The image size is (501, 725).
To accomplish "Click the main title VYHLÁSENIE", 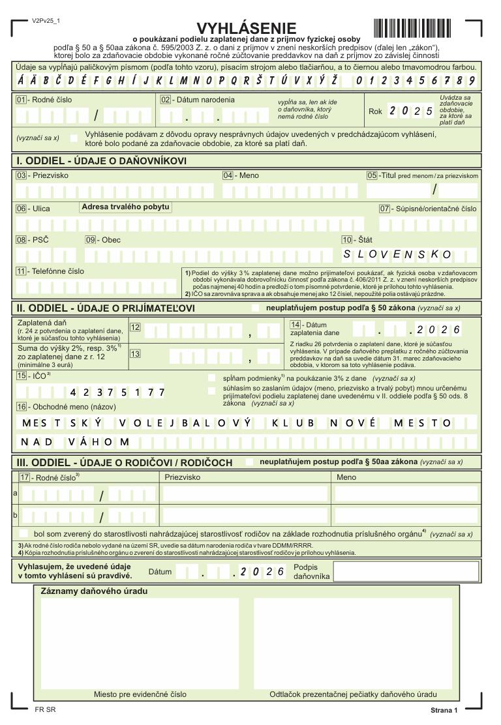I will (x=247, y=28).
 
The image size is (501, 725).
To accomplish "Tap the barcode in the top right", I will (x=412, y=29).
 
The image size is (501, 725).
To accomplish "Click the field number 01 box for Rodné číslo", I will (x=21, y=100).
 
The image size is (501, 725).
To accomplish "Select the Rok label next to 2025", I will (x=375, y=111).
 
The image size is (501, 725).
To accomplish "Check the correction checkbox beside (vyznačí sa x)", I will (x=73, y=138).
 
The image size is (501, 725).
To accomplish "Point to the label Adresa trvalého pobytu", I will (x=125, y=207).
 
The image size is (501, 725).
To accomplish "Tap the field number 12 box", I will (x=136, y=327).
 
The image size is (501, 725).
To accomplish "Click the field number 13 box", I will (x=136, y=354).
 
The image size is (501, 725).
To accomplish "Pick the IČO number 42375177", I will (x=117, y=392).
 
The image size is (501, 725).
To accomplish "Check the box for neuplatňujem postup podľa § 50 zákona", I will (x=254, y=308).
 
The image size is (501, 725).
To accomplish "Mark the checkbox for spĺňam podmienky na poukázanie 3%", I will (x=211, y=378).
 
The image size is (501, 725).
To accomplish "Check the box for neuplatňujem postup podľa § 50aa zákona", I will (x=249, y=462).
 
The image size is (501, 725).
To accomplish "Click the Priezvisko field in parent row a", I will (x=245, y=494).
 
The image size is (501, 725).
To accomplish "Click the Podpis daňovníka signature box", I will (x=405, y=571).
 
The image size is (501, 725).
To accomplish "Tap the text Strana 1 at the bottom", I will (x=444, y=710).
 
